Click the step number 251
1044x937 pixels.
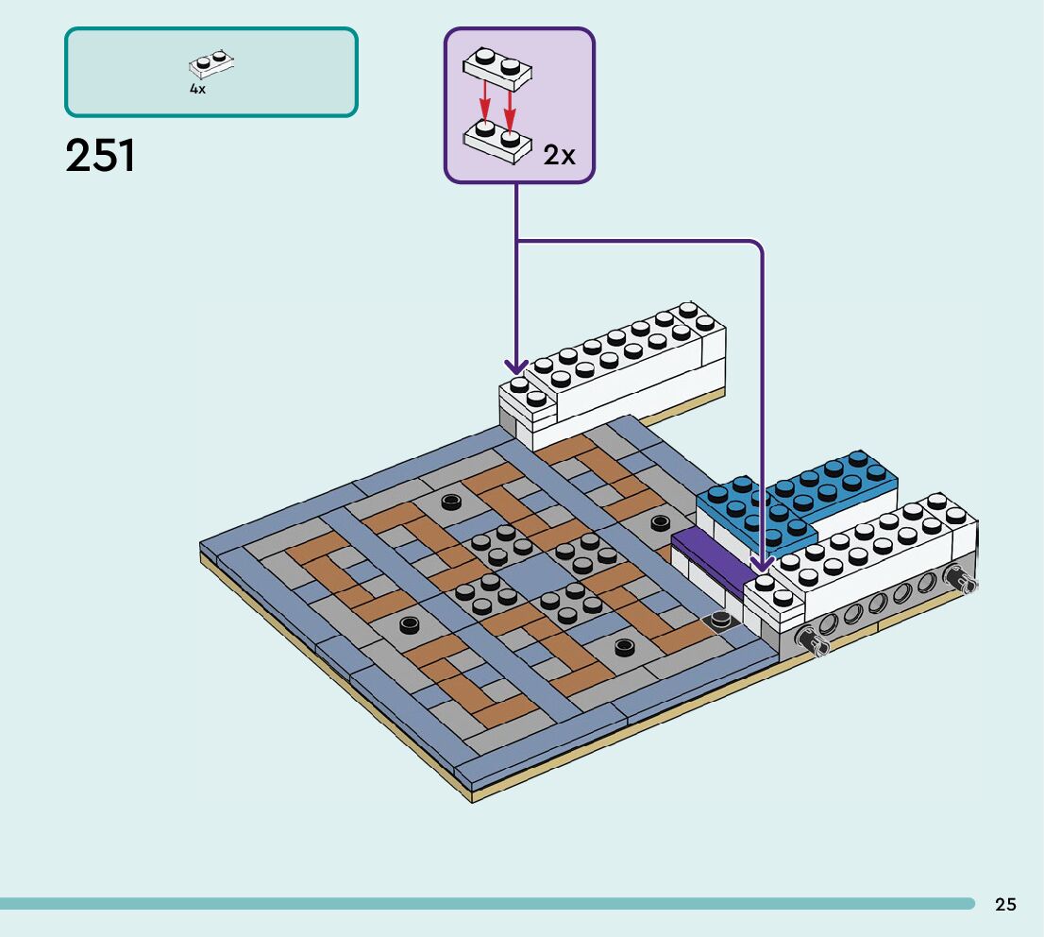point(101,155)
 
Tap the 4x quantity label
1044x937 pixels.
point(197,89)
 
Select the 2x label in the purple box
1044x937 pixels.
point(559,155)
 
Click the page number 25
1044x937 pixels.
point(1005,904)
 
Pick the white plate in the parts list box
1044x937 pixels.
point(211,63)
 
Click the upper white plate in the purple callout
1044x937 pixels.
point(497,68)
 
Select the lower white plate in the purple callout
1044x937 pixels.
point(497,142)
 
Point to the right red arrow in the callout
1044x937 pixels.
point(510,108)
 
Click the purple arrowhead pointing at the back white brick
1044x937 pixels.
point(516,366)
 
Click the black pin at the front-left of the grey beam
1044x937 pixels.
point(813,641)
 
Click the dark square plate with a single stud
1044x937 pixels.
point(719,622)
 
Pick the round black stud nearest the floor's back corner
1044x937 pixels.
point(660,523)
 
